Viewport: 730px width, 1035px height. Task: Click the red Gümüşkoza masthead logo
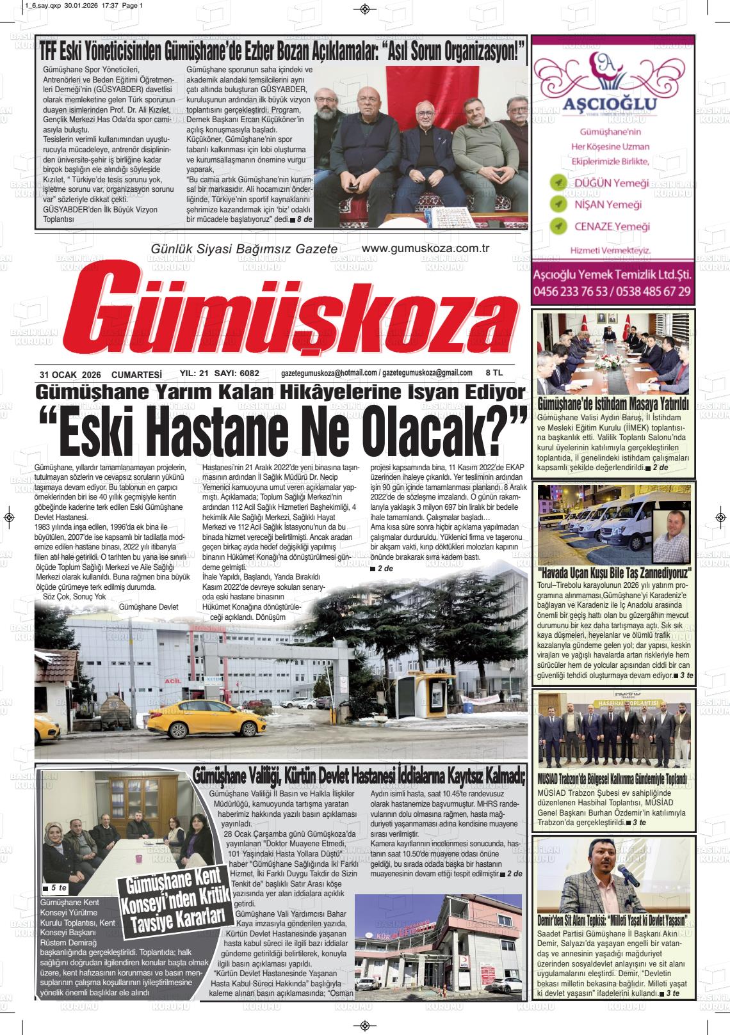point(301,313)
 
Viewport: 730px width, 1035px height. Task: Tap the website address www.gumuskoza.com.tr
point(425,248)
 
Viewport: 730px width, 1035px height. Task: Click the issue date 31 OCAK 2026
point(70,374)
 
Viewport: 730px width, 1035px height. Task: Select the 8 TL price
point(494,372)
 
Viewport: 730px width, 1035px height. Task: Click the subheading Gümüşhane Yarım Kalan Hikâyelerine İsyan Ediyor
point(281,391)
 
